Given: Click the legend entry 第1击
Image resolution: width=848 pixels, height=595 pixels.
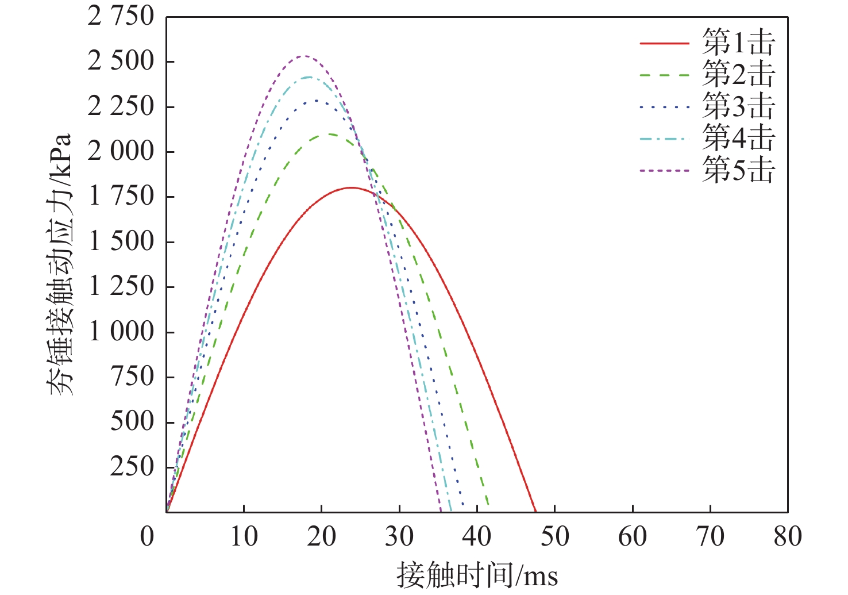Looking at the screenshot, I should click(739, 43).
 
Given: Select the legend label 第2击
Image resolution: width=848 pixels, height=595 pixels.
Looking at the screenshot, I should click(739, 75).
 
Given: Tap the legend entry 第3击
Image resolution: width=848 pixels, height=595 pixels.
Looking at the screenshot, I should click(739, 106).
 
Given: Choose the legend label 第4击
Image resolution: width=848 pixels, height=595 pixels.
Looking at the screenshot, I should click(739, 138).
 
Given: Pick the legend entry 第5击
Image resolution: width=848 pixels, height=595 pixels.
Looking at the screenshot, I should click(739, 170).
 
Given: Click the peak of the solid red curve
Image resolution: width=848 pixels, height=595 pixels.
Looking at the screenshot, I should click(350, 187).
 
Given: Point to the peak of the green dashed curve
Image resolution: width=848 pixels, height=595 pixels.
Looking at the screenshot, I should click(330, 134).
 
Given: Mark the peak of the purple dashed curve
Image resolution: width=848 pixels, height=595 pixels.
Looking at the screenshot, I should click(304, 56).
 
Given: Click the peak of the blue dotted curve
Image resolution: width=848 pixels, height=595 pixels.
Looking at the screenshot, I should click(316, 101).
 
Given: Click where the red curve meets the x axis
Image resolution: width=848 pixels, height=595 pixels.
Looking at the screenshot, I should click(535, 511).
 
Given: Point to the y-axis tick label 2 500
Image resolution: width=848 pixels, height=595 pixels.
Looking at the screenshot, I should click(121, 61).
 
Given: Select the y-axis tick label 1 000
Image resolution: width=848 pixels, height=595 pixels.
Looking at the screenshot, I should click(121, 332).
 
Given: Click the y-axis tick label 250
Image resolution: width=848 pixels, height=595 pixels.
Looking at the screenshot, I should click(133, 467).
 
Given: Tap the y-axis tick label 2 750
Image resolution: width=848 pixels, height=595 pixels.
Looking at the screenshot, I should click(121, 16).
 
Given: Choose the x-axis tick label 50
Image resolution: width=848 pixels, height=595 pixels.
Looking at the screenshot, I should click(554, 537).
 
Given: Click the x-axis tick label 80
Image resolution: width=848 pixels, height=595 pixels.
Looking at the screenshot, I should click(787, 537).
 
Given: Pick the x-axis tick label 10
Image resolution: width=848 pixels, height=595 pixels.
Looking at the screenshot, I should click(244, 537).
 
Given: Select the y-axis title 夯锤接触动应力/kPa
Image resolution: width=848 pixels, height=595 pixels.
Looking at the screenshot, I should click(61, 264).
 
